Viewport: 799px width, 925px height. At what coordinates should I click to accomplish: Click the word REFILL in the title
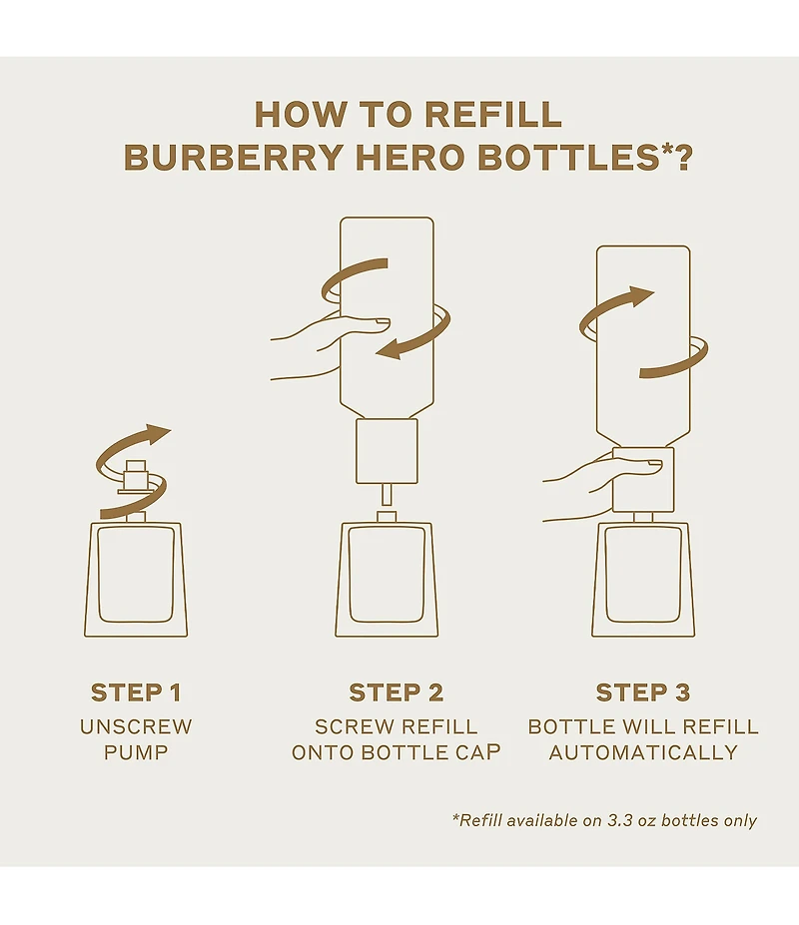pos(493,115)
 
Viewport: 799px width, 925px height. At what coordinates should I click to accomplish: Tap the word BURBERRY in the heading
pos(234,157)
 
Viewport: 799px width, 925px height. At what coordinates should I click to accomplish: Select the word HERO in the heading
pos(410,157)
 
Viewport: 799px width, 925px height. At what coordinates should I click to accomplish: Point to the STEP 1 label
pos(136,693)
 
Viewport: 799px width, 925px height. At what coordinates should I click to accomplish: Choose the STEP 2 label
pos(397,693)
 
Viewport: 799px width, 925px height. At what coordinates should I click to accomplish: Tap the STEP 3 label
pos(643,693)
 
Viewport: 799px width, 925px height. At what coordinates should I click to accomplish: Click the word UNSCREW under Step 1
pos(136,726)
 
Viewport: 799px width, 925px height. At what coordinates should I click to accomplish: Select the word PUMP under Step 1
pos(136,752)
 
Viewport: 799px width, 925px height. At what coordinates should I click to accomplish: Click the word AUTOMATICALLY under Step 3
pos(643,752)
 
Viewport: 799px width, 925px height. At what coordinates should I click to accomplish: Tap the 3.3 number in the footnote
pos(619,820)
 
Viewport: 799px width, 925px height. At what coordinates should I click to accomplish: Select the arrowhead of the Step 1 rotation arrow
pos(158,434)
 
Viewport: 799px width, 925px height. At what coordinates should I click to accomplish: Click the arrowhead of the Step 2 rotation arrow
pos(389,350)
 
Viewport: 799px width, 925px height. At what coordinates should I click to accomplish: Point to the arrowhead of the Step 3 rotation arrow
pos(641,296)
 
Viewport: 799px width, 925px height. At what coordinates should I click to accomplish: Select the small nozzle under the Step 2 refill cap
pos(387,494)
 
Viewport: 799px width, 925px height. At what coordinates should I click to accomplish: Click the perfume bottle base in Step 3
pos(643,580)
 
